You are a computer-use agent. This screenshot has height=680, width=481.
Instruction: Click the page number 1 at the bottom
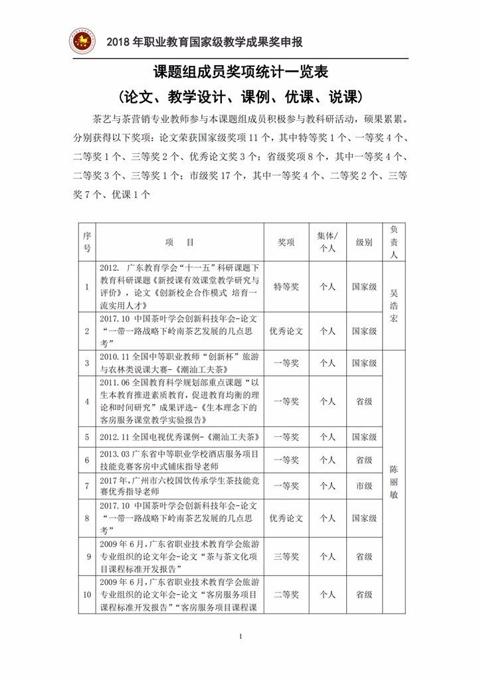click(241, 637)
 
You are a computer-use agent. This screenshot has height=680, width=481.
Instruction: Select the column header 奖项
click(286, 243)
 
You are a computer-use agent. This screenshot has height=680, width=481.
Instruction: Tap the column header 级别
click(364, 243)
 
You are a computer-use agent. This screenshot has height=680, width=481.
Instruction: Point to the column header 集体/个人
click(327, 243)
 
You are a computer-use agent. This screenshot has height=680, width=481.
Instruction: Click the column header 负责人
click(394, 242)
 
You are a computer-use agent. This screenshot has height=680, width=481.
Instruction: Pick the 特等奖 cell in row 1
click(286, 287)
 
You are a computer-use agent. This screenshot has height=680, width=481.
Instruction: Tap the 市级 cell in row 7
click(364, 486)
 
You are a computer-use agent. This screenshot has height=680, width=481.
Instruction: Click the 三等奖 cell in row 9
click(286, 556)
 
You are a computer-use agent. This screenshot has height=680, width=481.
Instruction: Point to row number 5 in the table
click(86, 437)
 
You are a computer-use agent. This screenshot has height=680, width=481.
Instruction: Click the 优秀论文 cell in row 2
click(286, 331)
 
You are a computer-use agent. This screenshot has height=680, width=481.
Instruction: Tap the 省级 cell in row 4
click(364, 401)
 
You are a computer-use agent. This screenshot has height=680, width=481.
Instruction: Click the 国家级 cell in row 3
click(364, 363)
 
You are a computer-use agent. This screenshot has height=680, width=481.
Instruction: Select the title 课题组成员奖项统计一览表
click(241, 72)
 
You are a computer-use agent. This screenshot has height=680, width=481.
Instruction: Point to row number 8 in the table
click(86, 518)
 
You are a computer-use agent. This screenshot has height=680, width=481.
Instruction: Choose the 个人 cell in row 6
click(327, 460)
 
